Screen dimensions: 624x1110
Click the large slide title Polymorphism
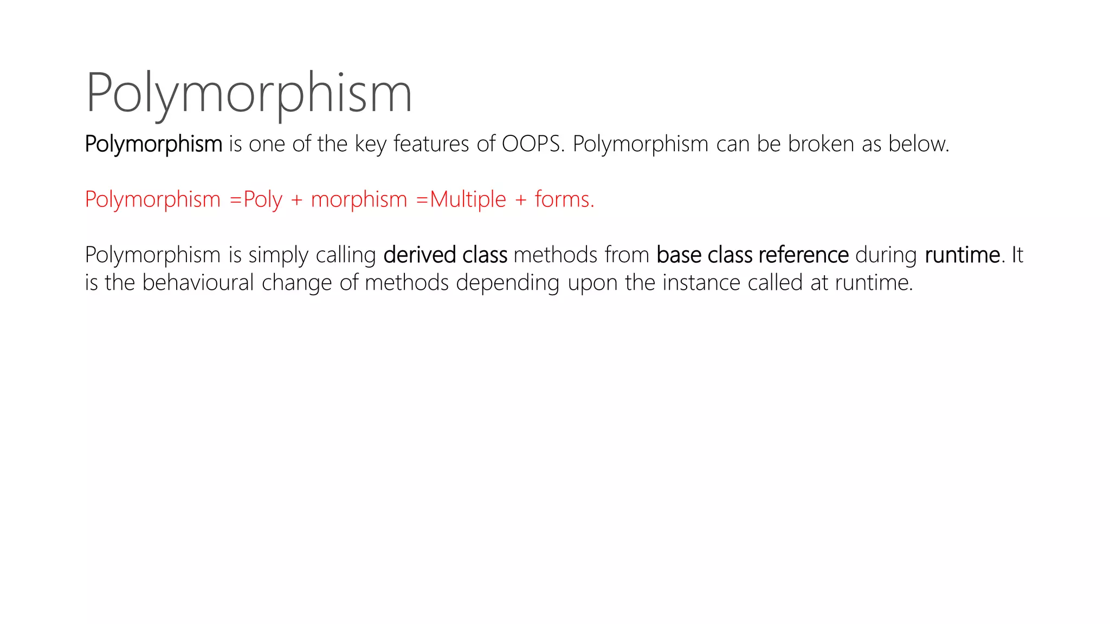[249, 93]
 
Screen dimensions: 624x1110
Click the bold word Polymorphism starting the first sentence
[153, 144]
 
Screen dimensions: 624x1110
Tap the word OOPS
[531, 144]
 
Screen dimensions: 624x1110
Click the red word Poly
[263, 200]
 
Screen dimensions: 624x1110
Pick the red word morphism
[359, 200]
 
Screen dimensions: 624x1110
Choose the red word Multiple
[468, 200]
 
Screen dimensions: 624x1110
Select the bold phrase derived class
[445, 255]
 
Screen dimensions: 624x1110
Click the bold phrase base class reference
[752, 255]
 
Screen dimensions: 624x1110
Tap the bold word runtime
[962, 255]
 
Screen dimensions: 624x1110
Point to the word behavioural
[198, 283]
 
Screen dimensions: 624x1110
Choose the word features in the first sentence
[431, 144]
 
